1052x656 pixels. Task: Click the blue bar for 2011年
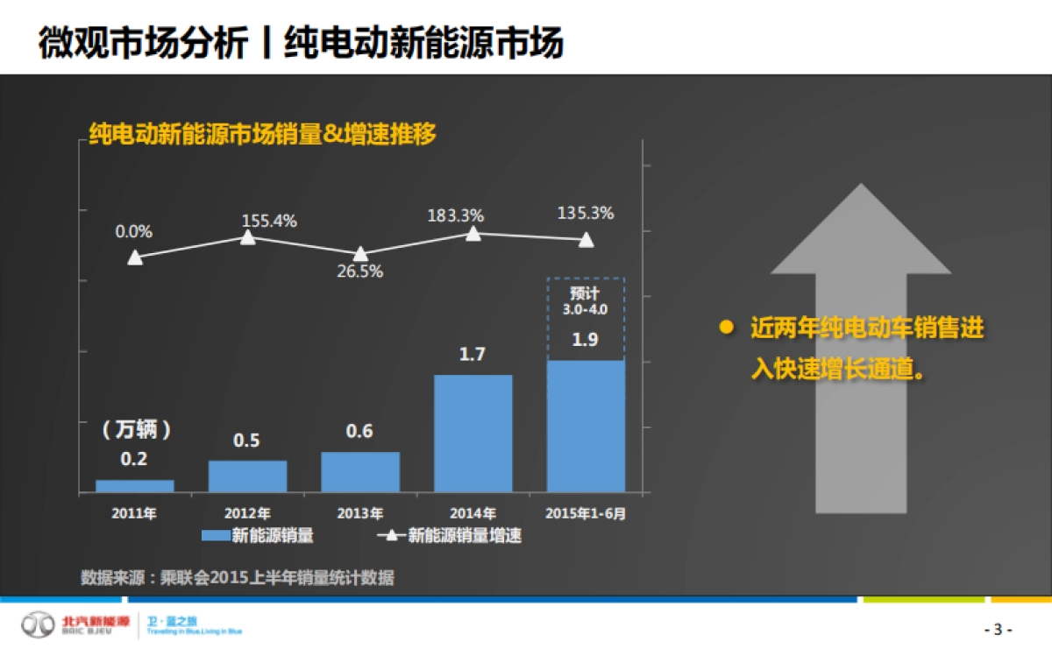click(x=134, y=485)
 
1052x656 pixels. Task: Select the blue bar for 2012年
click(x=247, y=476)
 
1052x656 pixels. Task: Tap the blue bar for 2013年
click(x=360, y=471)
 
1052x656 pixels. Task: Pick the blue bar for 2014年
click(x=473, y=433)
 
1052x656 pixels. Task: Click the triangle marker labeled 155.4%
click(x=248, y=237)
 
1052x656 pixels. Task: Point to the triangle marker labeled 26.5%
click(x=360, y=254)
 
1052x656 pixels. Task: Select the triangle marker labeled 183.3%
click(x=473, y=233)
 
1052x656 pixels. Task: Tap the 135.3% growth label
click(x=586, y=213)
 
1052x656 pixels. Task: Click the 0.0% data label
click(x=134, y=232)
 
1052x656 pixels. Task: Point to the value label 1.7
click(x=473, y=355)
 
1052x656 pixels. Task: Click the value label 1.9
click(x=585, y=340)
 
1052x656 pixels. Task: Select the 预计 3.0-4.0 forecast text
click(x=585, y=300)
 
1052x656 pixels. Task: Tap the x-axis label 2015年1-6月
click(x=586, y=513)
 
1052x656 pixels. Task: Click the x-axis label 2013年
click(x=360, y=513)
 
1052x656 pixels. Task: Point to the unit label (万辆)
click(x=134, y=430)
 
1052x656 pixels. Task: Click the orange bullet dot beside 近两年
click(x=726, y=328)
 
